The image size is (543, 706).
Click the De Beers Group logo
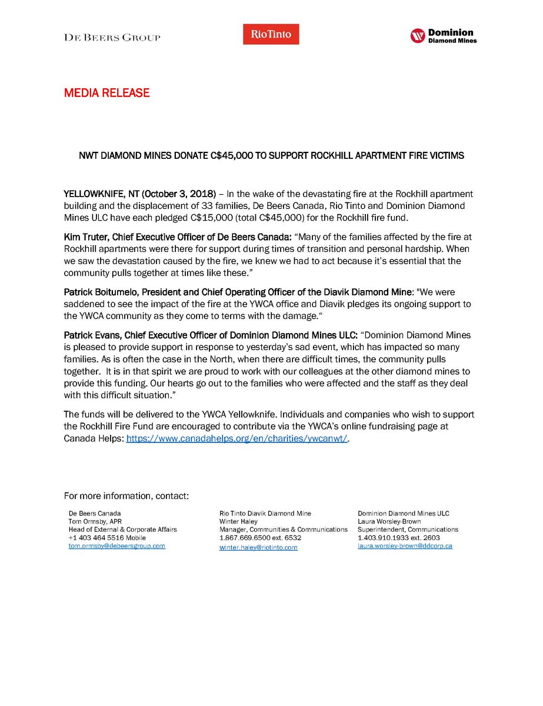pos(112,37)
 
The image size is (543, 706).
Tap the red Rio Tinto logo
pos(271,34)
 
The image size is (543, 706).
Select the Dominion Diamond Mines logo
pos(443,36)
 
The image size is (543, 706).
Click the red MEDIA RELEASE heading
pos(106,93)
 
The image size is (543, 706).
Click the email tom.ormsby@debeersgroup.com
pos(117,546)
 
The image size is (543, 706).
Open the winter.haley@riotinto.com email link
pos(258,547)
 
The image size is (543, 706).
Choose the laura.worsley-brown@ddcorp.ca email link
pos(405,546)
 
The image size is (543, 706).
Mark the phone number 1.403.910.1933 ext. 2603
pos(398,538)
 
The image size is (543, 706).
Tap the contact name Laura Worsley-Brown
pos(389,521)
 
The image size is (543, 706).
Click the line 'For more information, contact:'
pos(126,496)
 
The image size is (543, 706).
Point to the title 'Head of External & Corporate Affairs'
pos(123,529)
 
